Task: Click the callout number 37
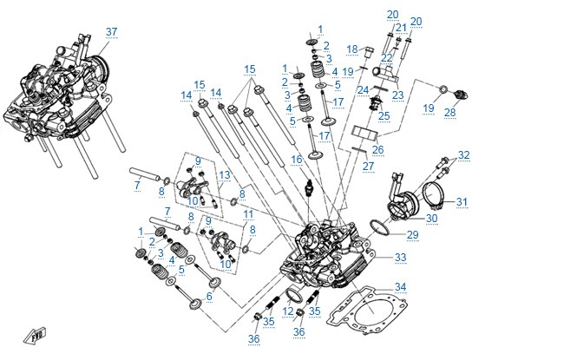pyautogui.click(x=112, y=31)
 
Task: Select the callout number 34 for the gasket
pyautogui.click(x=400, y=287)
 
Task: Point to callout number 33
pyautogui.click(x=400, y=258)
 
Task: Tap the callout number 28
pyautogui.click(x=450, y=113)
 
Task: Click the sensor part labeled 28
pyautogui.click(x=461, y=95)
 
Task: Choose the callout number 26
pyautogui.click(x=377, y=149)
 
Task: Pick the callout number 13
pyautogui.click(x=225, y=175)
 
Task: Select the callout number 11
pyautogui.click(x=248, y=215)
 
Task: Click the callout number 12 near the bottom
pyautogui.click(x=288, y=311)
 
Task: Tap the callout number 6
pyautogui.click(x=209, y=297)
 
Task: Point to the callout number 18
pyautogui.click(x=352, y=49)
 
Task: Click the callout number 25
pyautogui.click(x=384, y=115)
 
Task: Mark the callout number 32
pyautogui.click(x=463, y=155)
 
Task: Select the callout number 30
pyautogui.click(x=431, y=219)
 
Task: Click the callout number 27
pyautogui.click(x=368, y=167)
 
